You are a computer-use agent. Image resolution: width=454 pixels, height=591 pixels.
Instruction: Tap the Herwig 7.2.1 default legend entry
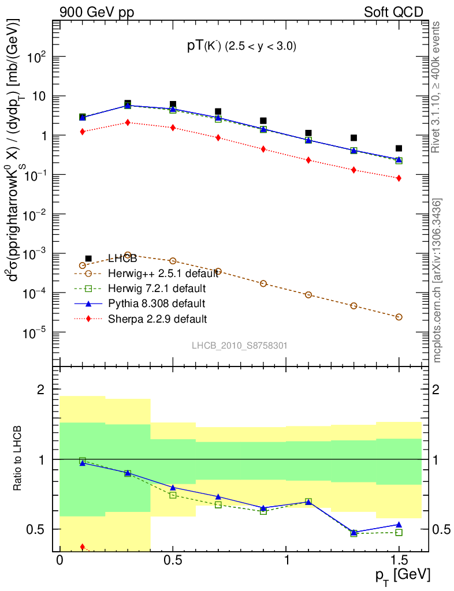(x=157, y=288)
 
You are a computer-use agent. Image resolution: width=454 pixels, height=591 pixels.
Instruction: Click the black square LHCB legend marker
(x=88, y=259)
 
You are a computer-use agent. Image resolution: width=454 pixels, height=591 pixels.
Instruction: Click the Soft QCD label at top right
(x=393, y=12)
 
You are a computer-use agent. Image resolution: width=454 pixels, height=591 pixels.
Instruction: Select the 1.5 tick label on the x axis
(x=399, y=562)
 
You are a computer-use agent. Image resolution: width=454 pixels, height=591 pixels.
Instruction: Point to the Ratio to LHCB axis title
(x=21, y=459)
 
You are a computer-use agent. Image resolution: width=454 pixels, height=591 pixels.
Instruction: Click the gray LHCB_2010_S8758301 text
(x=240, y=346)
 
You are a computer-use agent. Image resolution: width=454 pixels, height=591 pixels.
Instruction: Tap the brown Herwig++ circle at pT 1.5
(x=399, y=317)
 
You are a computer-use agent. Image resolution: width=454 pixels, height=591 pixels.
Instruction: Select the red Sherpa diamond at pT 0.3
(x=128, y=122)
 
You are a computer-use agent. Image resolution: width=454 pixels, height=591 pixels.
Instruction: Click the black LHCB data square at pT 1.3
(x=353, y=138)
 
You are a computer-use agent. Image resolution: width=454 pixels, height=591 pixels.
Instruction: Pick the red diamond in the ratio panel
(x=83, y=547)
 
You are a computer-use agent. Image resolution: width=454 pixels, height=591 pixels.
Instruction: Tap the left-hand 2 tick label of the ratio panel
(x=41, y=390)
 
